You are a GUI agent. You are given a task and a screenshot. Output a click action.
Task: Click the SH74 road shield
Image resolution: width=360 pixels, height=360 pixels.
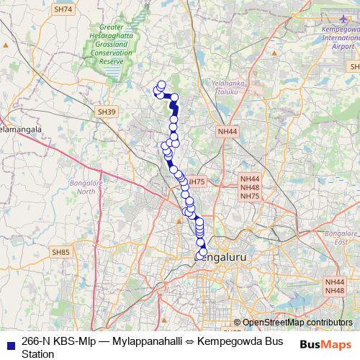point(63,9)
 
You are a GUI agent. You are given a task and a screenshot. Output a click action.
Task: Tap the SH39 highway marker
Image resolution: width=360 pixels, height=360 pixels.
point(105,112)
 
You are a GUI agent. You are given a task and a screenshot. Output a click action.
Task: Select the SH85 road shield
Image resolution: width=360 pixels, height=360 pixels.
point(60,252)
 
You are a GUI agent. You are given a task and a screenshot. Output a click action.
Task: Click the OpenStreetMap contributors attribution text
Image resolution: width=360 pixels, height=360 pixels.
point(297,323)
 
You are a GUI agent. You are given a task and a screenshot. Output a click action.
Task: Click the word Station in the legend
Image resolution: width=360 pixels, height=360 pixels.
point(38,354)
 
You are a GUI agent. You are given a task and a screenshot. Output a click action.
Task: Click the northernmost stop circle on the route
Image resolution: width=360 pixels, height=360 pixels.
point(161,84)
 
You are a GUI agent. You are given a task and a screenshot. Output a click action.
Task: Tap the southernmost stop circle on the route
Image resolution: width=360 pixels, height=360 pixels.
point(199,256)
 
